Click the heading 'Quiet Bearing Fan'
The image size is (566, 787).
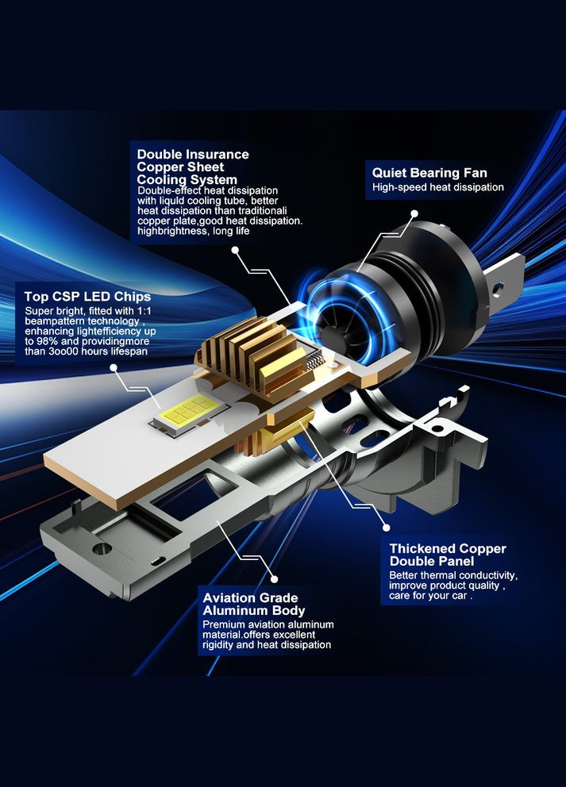click(x=429, y=173)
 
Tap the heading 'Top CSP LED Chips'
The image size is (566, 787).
click(x=87, y=297)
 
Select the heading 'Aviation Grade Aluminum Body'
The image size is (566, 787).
click(x=253, y=605)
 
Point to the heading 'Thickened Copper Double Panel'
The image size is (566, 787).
click(x=448, y=555)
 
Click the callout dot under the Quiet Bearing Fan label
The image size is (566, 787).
click(x=414, y=214)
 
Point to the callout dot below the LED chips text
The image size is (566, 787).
click(x=114, y=368)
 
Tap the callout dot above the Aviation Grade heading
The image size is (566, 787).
click(x=274, y=579)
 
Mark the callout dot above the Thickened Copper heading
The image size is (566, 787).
click(x=387, y=528)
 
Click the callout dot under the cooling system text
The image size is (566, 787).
click(x=235, y=250)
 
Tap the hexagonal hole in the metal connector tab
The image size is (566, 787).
click(x=498, y=288)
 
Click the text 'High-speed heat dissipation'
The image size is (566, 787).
click(x=438, y=188)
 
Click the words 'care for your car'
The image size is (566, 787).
click(x=428, y=597)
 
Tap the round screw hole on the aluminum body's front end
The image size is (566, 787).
click(x=102, y=548)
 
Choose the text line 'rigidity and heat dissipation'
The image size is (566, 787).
click(x=267, y=645)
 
